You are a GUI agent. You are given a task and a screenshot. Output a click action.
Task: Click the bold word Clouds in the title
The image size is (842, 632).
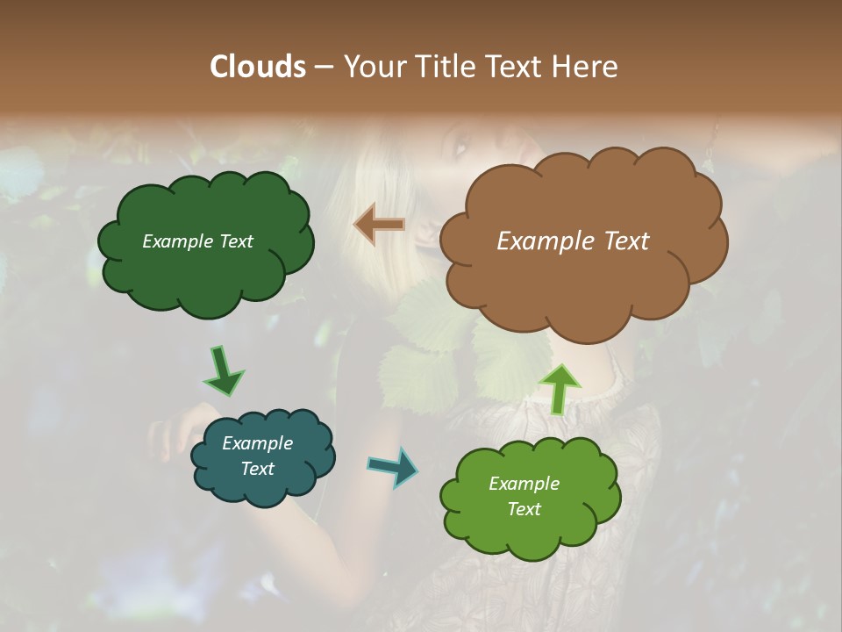(257, 67)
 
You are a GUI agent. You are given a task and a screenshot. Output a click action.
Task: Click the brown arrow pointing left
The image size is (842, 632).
(379, 225)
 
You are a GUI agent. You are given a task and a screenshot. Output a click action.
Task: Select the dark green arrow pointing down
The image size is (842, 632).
(223, 371)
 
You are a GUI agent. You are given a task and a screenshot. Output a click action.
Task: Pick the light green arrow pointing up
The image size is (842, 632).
(559, 388)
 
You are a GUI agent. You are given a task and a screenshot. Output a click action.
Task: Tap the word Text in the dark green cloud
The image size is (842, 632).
(234, 241)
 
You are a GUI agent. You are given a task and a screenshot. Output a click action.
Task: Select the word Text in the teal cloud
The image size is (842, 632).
(258, 469)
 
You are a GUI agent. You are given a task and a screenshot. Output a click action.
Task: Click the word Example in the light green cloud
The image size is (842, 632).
(524, 484)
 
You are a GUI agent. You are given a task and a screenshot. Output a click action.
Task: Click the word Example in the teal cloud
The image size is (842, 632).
(258, 443)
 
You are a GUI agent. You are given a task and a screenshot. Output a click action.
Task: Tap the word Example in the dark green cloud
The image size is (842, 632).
(177, 241)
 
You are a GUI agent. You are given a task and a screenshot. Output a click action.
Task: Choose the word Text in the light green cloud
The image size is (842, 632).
(524, 509)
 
